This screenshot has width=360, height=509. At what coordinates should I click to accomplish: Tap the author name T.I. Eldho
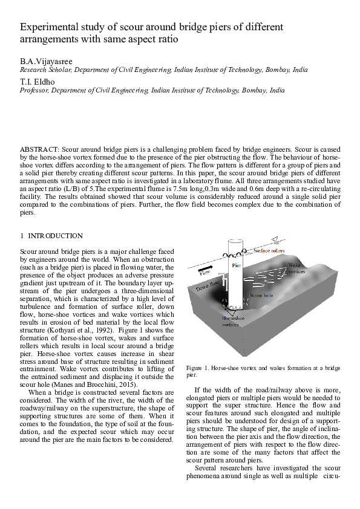[34, 82]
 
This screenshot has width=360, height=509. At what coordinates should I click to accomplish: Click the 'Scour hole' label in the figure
[263, 297]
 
